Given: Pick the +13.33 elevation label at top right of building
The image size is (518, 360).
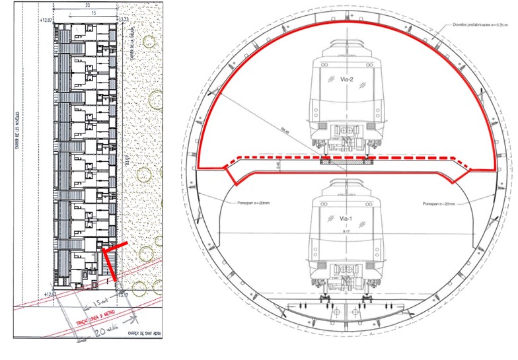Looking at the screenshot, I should point(124,20).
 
